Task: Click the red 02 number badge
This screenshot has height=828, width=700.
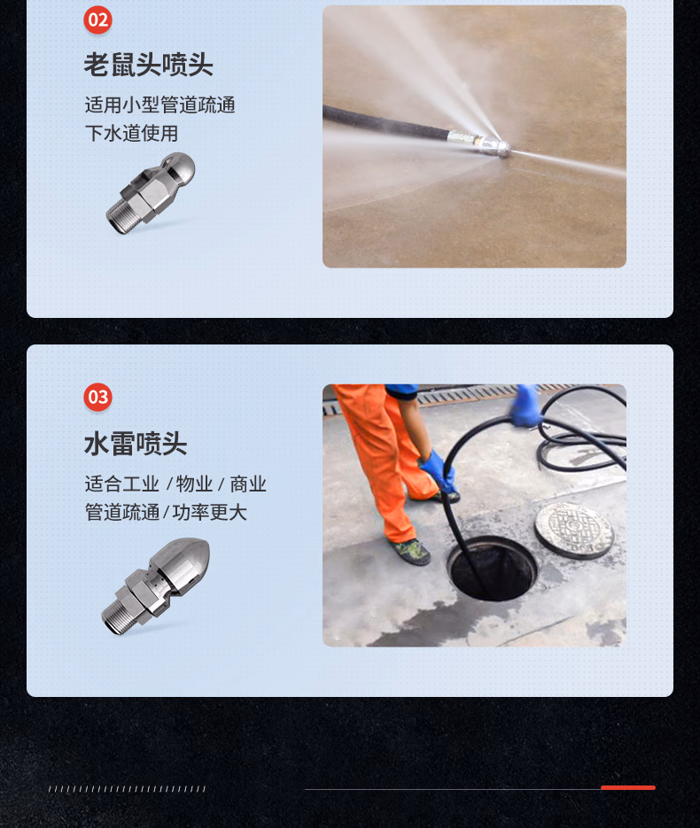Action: point(97,20)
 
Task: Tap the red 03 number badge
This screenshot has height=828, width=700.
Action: point(97,397)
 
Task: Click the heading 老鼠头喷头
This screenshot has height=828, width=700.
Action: point(149,65)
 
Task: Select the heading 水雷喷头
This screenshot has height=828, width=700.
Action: point(136,443)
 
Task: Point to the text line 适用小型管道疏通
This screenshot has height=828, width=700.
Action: point(160,104)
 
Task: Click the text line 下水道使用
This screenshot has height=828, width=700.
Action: point(131,133)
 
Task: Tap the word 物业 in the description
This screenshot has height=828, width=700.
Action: point(194,484)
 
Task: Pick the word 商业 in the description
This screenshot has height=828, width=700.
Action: point(248,484)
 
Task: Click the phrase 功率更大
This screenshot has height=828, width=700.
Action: point(210,512)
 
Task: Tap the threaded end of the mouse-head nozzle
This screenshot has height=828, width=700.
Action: point(120,219)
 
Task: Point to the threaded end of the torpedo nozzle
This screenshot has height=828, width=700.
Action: point(116,618)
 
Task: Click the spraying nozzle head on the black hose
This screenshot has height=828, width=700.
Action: point(495,146)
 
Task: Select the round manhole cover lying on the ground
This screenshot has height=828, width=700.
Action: point(574,530)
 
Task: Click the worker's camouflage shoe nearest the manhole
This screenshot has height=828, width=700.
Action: point(410,551)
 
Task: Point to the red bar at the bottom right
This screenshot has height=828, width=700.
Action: point(628,787)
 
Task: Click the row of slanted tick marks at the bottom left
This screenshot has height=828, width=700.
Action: point(127,789)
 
